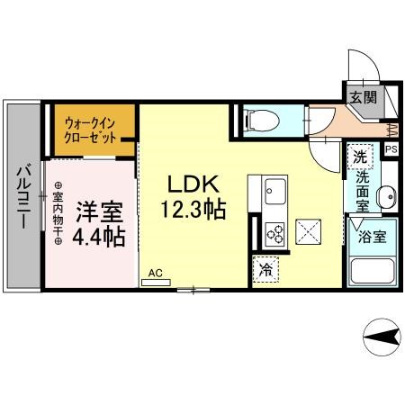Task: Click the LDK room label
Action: click(192, 185)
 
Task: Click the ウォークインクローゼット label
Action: click(91, 128)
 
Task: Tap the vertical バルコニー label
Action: click(25, 196)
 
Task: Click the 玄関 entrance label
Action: click(364, 95)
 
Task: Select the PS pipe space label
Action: click(391, 149)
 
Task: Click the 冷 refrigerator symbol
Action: click(266, 269)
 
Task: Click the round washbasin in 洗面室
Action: click(387, 196)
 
